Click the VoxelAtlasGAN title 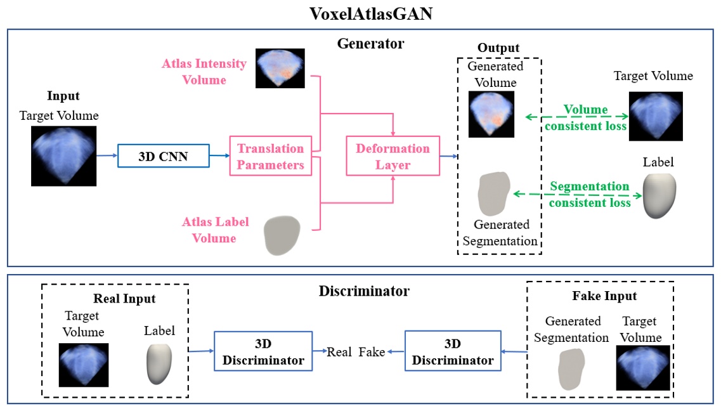370,14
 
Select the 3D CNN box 164,156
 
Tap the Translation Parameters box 270,156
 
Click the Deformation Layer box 393,156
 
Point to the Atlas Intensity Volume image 280,68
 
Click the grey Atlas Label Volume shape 282,235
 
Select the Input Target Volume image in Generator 63,156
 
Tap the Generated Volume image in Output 491,114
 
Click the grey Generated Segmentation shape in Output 495,193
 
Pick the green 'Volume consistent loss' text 586,118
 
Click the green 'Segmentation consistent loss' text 590,195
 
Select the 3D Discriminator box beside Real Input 263,351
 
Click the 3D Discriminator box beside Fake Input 453,351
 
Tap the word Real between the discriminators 339,352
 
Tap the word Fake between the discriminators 372,352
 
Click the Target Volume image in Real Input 84,365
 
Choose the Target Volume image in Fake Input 643,368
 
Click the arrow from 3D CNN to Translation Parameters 220,156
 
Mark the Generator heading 370,44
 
